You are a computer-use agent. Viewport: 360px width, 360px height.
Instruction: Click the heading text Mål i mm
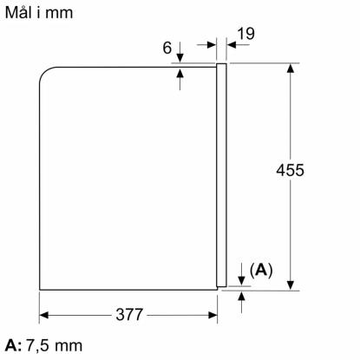pos(39,13)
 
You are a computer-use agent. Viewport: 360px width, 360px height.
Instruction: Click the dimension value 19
pos(246,34)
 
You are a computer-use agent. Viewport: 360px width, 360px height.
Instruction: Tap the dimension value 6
pos(167,48)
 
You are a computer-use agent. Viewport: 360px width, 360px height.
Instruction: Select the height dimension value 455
pos(290,170)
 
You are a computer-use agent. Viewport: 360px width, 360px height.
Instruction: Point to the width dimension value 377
pos(129,315)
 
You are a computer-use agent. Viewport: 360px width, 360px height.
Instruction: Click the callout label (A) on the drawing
pos(261,271)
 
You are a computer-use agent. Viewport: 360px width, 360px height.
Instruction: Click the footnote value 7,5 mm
pos(55,346)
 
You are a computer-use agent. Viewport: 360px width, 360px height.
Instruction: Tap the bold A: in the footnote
pos(13,346)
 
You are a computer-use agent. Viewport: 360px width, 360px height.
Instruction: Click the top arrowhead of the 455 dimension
pos(291,68)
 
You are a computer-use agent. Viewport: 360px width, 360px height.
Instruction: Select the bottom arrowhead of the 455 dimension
pos(291,285)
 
